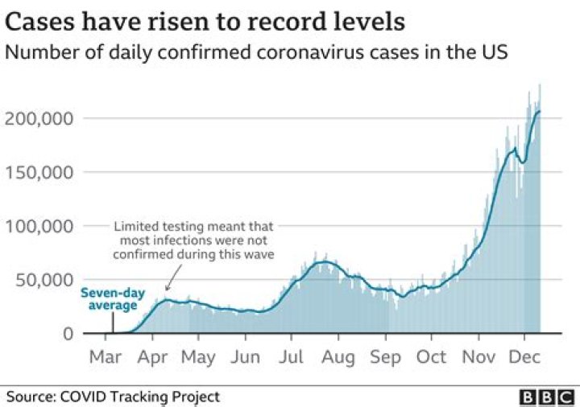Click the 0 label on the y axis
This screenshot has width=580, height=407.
69,334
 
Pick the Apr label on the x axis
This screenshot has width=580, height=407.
153,356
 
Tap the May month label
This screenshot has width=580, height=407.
198,356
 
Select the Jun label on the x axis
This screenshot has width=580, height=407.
246,356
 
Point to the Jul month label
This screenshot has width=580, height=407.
293,356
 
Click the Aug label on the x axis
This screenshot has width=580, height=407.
339,356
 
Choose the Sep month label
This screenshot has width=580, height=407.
386,356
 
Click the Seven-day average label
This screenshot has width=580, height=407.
109,298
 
